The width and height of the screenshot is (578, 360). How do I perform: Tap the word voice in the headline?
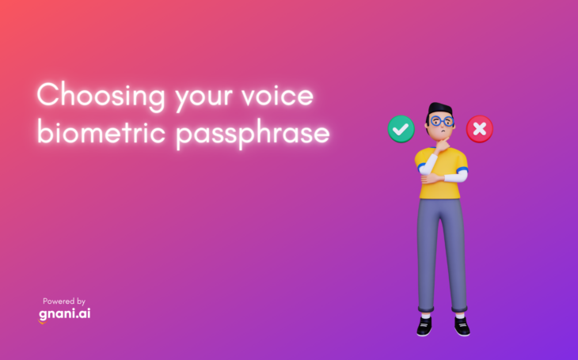(x=277, y=95)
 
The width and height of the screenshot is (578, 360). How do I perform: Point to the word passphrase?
(x=252, y=135)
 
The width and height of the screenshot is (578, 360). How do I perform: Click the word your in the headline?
(x=203, y=99)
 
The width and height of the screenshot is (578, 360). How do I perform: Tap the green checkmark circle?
(x=401, y=129)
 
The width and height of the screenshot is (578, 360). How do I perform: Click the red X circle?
(x=480, y=129)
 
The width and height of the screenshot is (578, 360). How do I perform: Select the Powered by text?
(x=64, y=301)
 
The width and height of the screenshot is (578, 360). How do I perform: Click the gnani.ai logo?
(x=64, y=314)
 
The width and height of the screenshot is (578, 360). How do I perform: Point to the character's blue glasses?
(x=442, y=121)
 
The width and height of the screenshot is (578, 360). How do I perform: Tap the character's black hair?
(x=439, y=110)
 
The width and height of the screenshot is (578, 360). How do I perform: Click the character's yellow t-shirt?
(x=442, y=173)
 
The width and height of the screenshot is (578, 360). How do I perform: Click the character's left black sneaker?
(x=424, y=326)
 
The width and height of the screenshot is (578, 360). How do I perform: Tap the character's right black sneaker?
(x=462, y=326)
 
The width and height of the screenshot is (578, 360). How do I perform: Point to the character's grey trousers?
(x=442, y=255)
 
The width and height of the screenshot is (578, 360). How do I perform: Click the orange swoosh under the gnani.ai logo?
(x=43, y=322)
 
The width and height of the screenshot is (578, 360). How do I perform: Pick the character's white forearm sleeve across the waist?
(x=455, y=177)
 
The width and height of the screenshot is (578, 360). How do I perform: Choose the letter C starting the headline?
(x=48, y=94)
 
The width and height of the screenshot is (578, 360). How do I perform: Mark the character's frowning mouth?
(x=443, y=130)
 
